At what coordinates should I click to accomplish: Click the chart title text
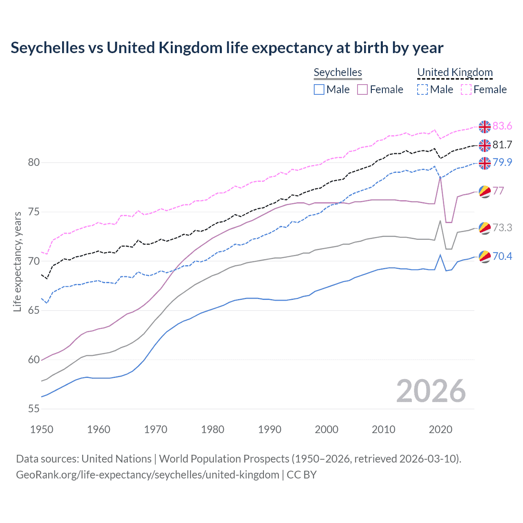(227, 48)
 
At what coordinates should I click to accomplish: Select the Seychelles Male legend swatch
(319, 89)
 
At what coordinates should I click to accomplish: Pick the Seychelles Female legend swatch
(362, 89)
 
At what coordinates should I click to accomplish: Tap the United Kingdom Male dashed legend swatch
(422, 89)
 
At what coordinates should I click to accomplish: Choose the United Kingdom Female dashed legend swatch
(466, 89)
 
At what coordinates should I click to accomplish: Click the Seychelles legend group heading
(337, 72)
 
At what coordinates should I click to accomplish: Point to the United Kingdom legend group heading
(455, 72)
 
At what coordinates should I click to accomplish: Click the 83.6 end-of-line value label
(502, 126)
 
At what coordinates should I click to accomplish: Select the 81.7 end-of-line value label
(502, 145)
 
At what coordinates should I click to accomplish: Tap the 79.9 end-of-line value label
(502, 162)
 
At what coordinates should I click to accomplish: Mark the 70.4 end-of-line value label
(502, 256)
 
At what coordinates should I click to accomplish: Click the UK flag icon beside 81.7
(485, 145)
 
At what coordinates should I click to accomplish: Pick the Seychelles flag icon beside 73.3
(485, 228)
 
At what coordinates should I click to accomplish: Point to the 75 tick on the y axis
(34, 212)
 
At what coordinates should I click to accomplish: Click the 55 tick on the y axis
(34, 409)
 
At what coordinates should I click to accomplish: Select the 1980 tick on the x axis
(212, 429)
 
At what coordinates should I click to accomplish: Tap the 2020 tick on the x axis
(440, 429)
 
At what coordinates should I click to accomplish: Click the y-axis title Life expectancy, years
(17, 261)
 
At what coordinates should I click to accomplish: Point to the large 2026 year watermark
(431, 391)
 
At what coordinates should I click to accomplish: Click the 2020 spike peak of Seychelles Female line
(440, 177)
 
